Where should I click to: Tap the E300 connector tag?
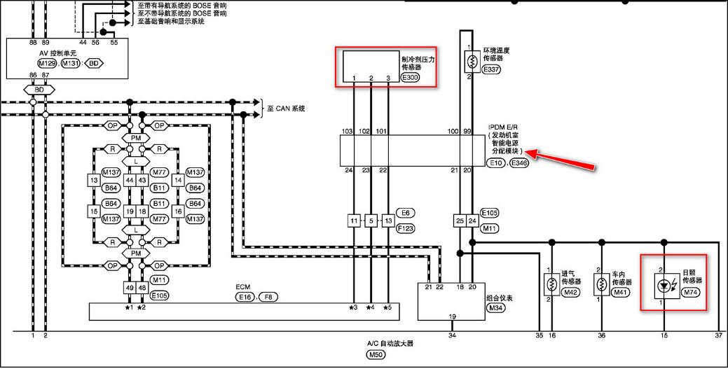(x=410, y=78)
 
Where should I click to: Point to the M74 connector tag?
(x=691, y=291)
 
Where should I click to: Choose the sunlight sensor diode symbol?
(x=662, y=286)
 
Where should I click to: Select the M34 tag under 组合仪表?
(x=496, y=307)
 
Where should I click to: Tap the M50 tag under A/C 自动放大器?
(x=376, y=355)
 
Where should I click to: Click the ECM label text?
(x=243, y=288)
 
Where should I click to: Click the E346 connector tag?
(x=519, y=162)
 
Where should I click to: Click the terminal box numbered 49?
(x=129, y=288)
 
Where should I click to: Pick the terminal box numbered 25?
(x=460, y=221)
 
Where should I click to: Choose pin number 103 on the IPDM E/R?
(x=346, y=131)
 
